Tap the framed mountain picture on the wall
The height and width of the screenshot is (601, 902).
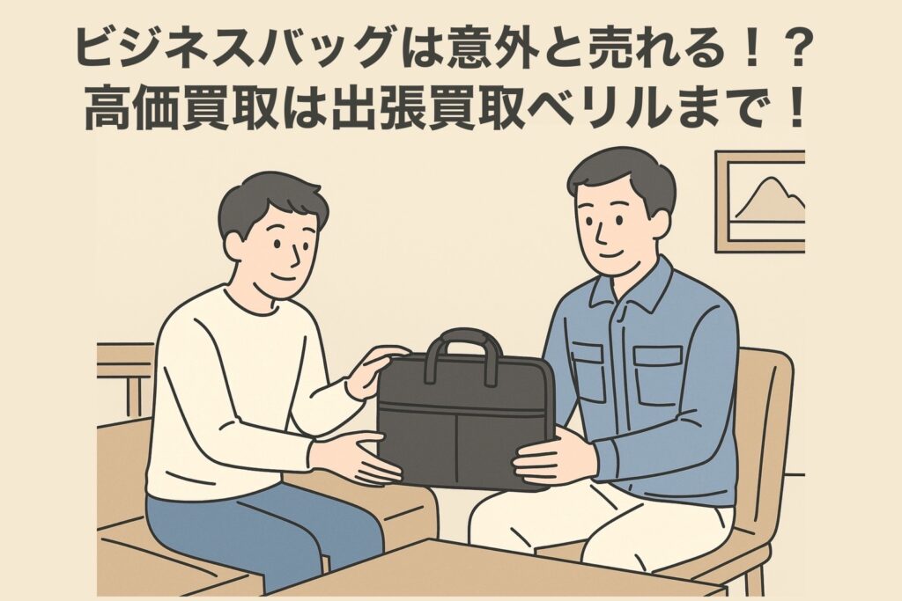(x=760, y=202)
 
